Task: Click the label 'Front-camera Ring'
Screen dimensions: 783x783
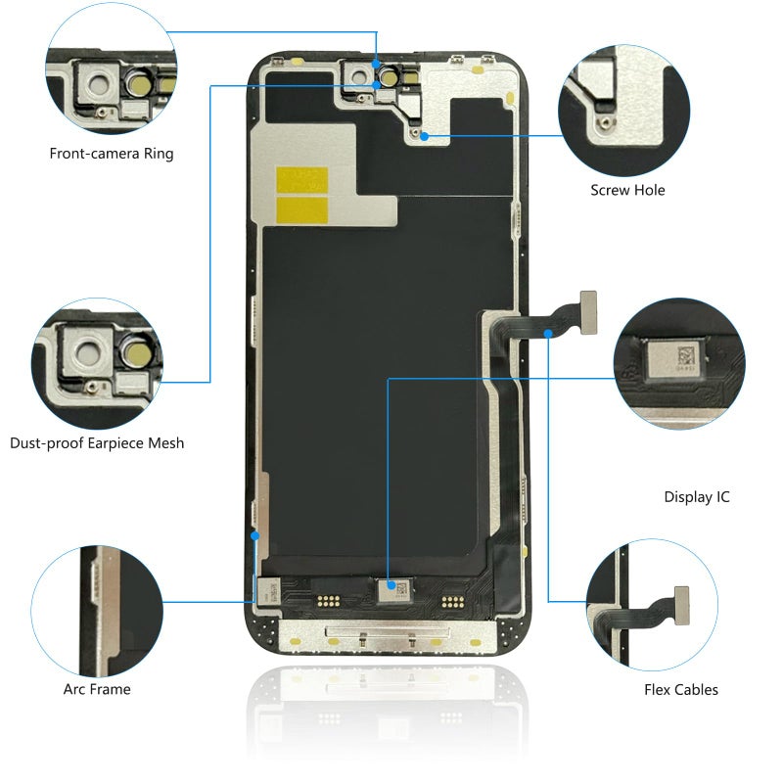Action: (112, 154)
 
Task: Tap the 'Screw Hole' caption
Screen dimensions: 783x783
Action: (627, 190)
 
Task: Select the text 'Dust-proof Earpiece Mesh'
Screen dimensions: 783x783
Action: (97, 443)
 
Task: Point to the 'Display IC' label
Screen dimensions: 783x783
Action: (697, 497)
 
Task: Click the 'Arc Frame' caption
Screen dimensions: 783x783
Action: (97, 689)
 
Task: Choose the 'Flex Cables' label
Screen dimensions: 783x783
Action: (681, 690)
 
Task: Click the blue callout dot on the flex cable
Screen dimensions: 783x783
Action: (548, 333)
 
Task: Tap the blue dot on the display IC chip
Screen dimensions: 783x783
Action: (391, 585)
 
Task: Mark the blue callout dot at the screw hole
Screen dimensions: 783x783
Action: (424, 136)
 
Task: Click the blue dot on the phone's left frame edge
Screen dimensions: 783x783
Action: (254, 535)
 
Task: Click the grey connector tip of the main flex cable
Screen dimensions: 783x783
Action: (588, 312)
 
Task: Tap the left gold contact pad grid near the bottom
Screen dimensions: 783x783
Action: (328, 601)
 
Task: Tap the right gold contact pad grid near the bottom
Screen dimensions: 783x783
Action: (453, 602)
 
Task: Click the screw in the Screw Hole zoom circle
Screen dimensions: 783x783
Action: (606, 122)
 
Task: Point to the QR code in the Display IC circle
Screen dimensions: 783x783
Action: (686, 356)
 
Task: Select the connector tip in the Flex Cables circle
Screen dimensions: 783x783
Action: (681, 606)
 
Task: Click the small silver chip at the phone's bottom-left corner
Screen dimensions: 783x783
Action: (267, 591)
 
